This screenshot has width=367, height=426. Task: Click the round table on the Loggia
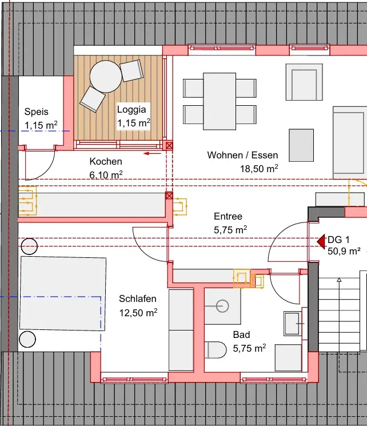tap(106, 77)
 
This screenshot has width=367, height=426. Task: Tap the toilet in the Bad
tap(216, 350)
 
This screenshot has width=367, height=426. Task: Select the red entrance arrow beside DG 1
tap(321, 241)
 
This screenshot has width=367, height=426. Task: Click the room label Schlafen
tap(138, 299)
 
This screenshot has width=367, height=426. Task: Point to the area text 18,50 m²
tap(259, 169)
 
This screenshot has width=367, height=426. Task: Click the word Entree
tap(228, 216)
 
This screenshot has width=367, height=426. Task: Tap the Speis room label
tap(37, 112)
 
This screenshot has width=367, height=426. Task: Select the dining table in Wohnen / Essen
tap(220, 101)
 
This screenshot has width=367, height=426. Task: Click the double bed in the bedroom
tap(63, 294)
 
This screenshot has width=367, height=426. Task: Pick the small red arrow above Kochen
tap(153, 153)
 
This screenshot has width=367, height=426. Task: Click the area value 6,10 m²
tap(106, 175)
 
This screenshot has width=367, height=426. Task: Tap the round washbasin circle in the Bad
tap(222, 306)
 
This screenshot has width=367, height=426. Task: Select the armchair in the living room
tap(304, 82)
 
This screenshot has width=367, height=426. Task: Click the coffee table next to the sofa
tap(301, 145)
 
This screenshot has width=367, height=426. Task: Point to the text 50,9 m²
tap(344, 251)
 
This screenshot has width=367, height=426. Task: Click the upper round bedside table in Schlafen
tap(29, 246)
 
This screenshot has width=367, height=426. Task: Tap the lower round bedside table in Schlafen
tap(27, 339)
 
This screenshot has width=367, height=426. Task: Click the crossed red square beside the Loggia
tap(169, 146)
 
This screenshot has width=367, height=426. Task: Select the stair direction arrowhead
tap(339, 280)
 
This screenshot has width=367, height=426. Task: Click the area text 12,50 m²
tap(138, 313)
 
